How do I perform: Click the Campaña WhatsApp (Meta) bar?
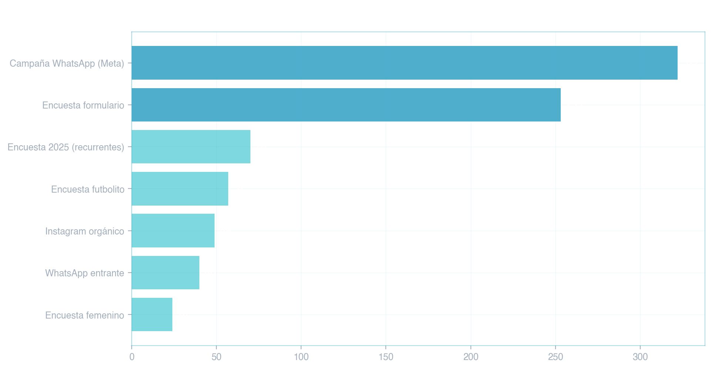pyautogui.click(x=404, y=63)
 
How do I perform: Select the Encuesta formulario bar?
pyautogui.click(x=346, y=105)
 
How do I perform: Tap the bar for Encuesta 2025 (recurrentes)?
pyautogui.click(x=191, y=147)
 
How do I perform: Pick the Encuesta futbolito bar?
pyautogui.click(x=180, y=189)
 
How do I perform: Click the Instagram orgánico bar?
pyautogui.click(x=173, y=230)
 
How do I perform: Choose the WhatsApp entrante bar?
pyautogui.click(x=165, y=273)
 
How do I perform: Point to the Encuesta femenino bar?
pyautogui.click(x=152, y=314)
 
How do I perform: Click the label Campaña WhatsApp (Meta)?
pyautogui.click(x=67, y=63)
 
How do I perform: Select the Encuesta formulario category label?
pyautogui.click(x=83, y=105)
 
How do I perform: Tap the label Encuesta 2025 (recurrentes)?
pyautogui.click(x=66, y=147)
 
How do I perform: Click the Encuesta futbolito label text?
pyautogui.click(x=88, y=189)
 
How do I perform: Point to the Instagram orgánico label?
pyautogui.click(x=85, y=231)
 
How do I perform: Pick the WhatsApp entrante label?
pyautogui.click(x=85, y=273)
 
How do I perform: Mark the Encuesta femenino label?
pyautogui.click(x=85, y=315)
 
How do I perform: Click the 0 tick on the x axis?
pyautogui.click(x=132, y=357)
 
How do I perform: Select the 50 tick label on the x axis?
pyautogui.click(x=216, y=357)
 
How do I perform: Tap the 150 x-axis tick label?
pyautogui.click(x=386, y=357)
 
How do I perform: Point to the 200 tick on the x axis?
pyautogui.click(x=471, y=357)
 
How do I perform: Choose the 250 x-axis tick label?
pyautogui.click(x=556, y=357)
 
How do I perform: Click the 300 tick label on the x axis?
pyautogui.click(x=640, y=357)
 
